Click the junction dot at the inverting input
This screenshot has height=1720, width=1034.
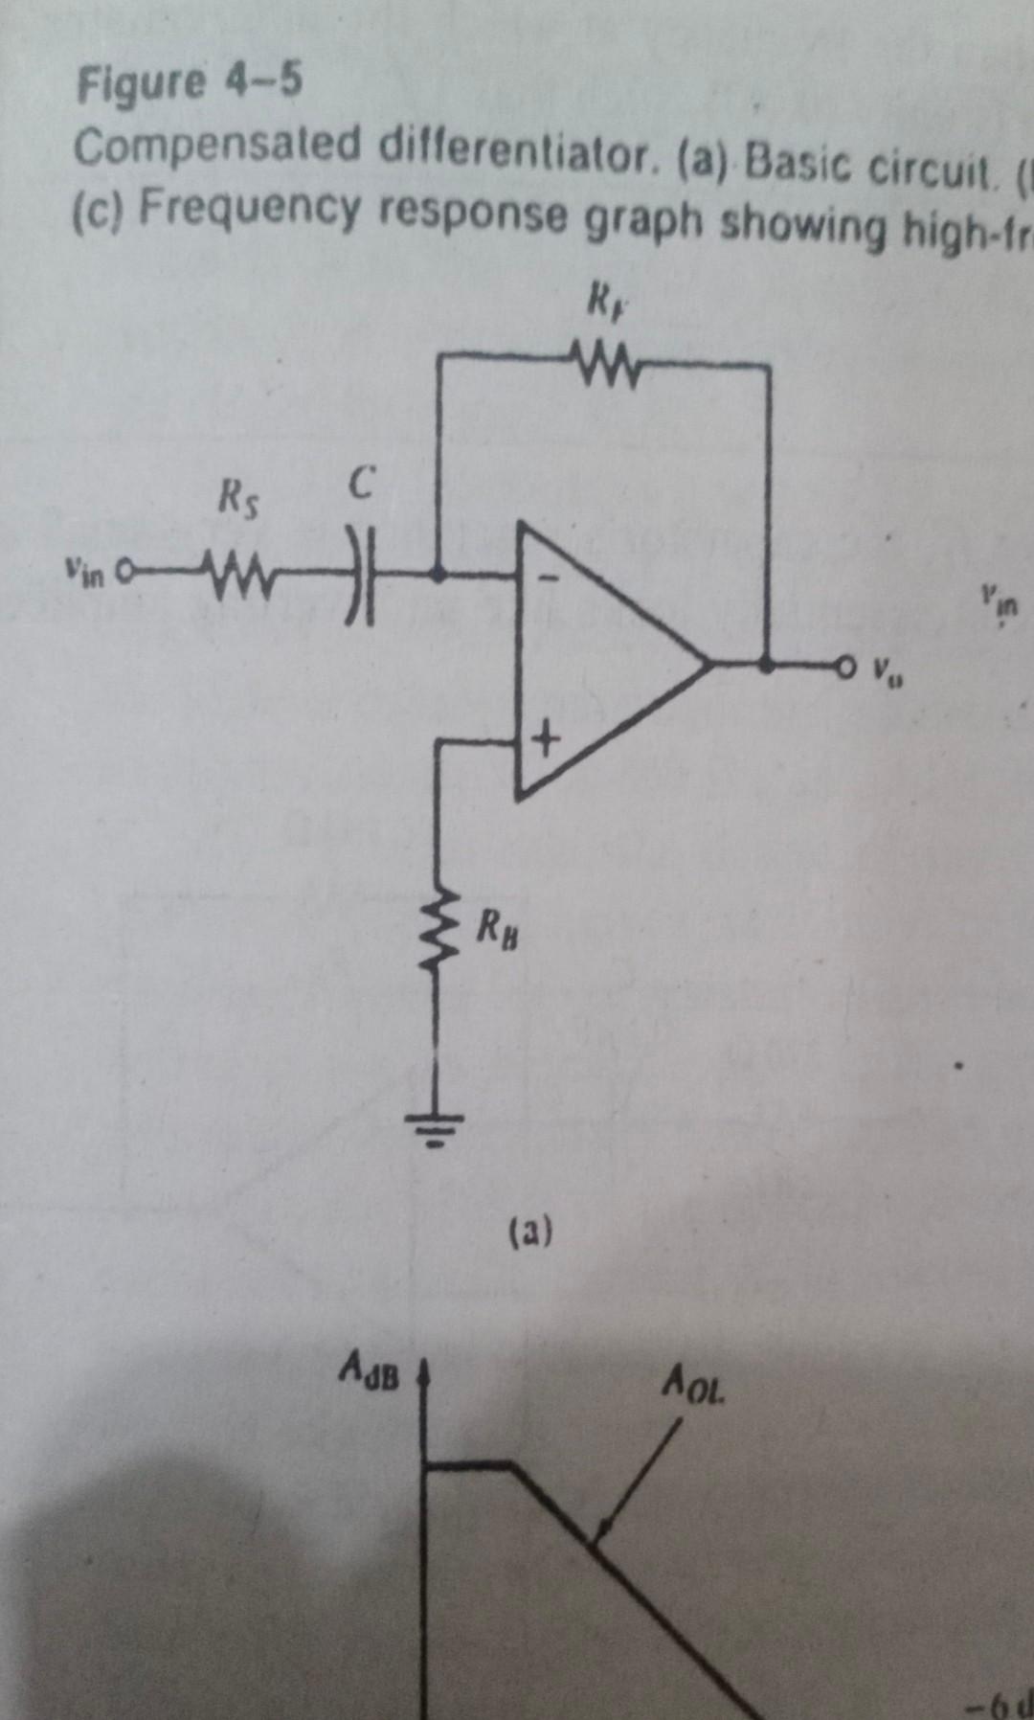(438, 577)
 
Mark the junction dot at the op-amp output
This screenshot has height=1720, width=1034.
(767, 663)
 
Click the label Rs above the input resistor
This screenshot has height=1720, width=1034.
(235, 499)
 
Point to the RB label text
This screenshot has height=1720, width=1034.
(499, 928)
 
